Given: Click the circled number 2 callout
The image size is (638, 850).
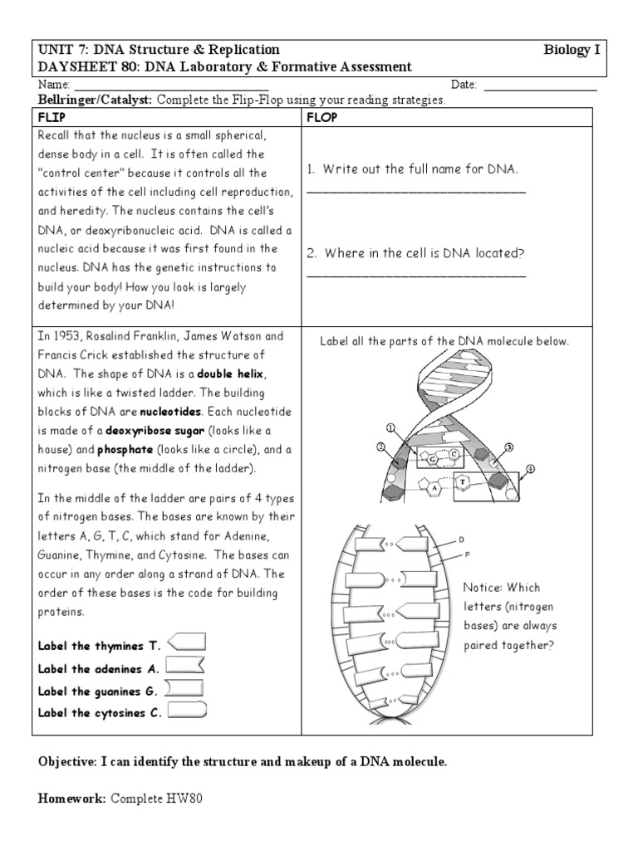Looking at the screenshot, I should tap(380, 447).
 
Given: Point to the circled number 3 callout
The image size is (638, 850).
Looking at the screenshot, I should tap(509, 447).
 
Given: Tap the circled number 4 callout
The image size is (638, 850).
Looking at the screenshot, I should tap(531, 468).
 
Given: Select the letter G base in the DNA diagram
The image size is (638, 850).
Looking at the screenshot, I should tap(434, 457).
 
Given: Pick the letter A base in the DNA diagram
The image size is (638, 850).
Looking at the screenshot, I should tap(434, 489).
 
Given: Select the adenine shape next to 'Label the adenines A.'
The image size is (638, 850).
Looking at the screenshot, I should tap(186, 666).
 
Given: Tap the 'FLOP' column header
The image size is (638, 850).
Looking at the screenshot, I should tap(322, 118).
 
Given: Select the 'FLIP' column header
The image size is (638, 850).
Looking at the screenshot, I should tap(52, 118).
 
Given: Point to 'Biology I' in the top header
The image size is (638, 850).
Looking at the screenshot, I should tap(572, 50).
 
